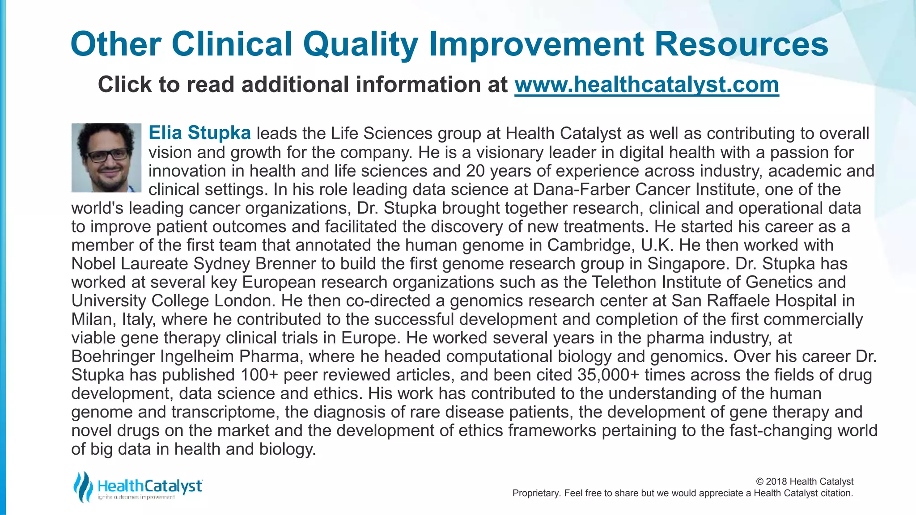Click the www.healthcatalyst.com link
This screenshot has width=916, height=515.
coord(646,85)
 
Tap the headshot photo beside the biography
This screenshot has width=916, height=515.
coord(106,158)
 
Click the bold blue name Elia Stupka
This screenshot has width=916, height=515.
coord(199,133)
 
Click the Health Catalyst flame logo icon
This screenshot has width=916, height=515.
coord(82,486)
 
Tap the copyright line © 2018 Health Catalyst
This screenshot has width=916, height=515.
coord(804,481)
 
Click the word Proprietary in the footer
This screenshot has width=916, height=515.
coord(535,493)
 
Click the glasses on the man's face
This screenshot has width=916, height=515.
coord(107,155)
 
